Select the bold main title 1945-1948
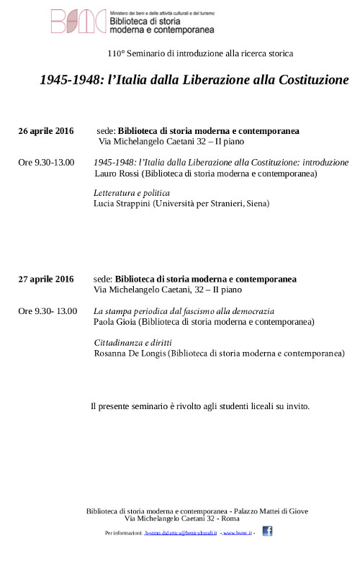click(x=194, y=79)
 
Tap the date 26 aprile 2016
click(x=46, y=131)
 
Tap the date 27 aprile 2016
click(x=46, y=279)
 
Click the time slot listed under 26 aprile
click(x=46, y=163)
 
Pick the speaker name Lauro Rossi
click(x=116, y=174)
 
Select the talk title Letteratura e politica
click(x=132, y=193)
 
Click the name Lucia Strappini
click(x=120, y=204)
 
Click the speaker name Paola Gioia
click(x=115, y=322)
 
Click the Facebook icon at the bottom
click(x=267, y=532)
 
